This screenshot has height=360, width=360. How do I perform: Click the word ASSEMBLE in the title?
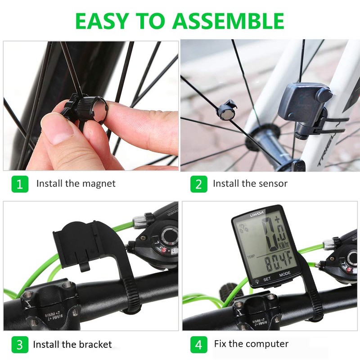point(229,21)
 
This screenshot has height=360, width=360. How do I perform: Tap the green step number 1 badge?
point(19,184)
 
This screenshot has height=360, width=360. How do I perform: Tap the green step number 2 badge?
point(198,184)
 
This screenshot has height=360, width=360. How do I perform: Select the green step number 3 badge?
point(19,345)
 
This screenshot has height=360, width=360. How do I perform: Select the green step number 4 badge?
point(198,345)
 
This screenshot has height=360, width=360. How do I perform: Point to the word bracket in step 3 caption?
point(92,345)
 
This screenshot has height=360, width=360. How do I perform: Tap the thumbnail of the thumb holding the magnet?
point(56,130)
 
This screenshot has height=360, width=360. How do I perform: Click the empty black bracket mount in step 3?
point(81,243)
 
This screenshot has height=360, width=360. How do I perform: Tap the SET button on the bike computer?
point(267,279)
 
